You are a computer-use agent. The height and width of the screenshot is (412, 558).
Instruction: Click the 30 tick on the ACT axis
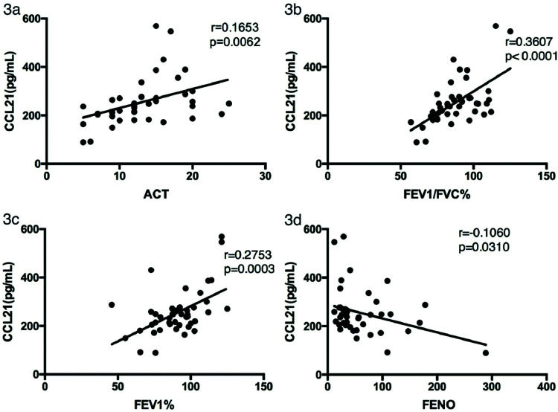point(265,175)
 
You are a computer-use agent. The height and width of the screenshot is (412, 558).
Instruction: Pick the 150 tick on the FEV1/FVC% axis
point(545,175)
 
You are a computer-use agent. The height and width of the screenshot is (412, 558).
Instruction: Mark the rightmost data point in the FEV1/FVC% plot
point(510,31)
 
